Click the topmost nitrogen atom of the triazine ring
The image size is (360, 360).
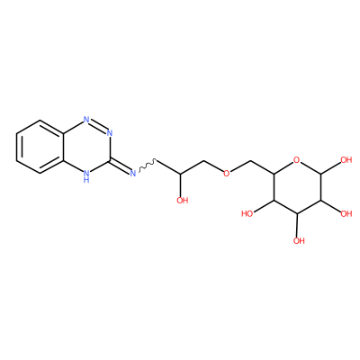[x=86, y=120]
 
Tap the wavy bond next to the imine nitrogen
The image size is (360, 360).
[x=147, y=165]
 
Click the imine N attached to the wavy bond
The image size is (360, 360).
[x=133, y=173]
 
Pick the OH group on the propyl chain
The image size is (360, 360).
[x=182, y=201]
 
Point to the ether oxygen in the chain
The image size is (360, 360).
[x=227, y=174]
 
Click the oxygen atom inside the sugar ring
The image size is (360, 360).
[x=297, y=160]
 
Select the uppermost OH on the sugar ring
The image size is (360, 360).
[x=346, y=159]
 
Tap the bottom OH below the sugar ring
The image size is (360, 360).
[x=299, y=240]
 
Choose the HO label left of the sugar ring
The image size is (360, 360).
[x=247, y=214]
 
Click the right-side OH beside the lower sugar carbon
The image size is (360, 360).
[x=346, y=214]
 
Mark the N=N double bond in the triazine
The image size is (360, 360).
[x=98, y=126]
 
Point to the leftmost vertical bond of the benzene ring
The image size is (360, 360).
[x=17, y=147]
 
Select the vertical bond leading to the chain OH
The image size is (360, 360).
[x=181, y=184]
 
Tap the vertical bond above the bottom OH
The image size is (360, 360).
[x=297, y=225]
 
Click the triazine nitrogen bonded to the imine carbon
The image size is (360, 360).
[x=110, y=133]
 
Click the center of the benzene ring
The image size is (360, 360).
[x=40, y=147]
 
